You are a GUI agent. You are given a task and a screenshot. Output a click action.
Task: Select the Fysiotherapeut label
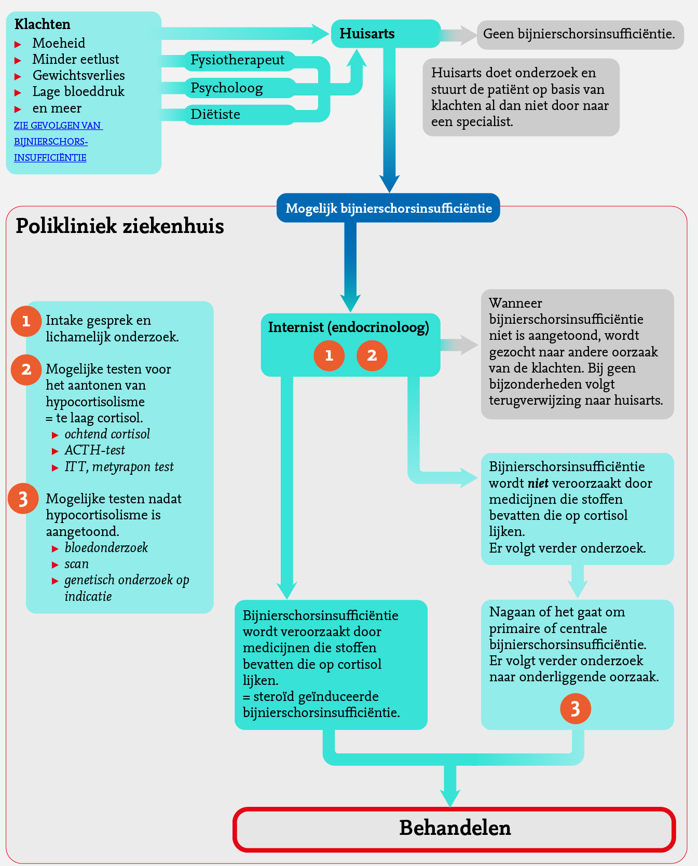[237, 60]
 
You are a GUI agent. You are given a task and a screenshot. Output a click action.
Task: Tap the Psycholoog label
[227, 88]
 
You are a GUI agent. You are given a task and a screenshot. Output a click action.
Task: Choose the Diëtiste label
[215, 114]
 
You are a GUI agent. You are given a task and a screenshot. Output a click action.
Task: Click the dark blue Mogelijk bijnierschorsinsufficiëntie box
[388, 208]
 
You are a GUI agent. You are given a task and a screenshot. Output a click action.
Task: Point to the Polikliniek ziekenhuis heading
[120, 226]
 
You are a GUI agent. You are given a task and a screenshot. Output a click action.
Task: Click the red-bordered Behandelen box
[455, 829]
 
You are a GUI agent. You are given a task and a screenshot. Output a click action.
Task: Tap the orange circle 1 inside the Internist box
[329, 355]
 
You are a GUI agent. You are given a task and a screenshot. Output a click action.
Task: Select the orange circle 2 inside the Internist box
[372, 355]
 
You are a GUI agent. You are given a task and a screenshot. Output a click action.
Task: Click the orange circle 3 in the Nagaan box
[575, 709]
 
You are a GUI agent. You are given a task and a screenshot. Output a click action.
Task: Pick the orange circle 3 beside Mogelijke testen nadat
[23, 499]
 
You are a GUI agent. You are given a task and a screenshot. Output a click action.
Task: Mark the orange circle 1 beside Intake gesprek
[26, 321]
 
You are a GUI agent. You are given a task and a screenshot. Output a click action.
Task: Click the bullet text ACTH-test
[94, 450]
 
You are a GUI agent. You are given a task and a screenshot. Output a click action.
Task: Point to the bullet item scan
[77, 564]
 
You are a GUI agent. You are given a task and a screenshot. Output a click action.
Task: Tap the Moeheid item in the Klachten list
[59, 43]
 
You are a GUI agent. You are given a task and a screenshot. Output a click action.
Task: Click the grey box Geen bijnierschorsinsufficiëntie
[580, 34]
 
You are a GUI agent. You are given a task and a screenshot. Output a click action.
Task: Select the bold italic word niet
[538, 484]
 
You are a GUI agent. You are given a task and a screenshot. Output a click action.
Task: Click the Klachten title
[43, 24]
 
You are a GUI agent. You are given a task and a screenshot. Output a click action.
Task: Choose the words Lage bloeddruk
[78, 92]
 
